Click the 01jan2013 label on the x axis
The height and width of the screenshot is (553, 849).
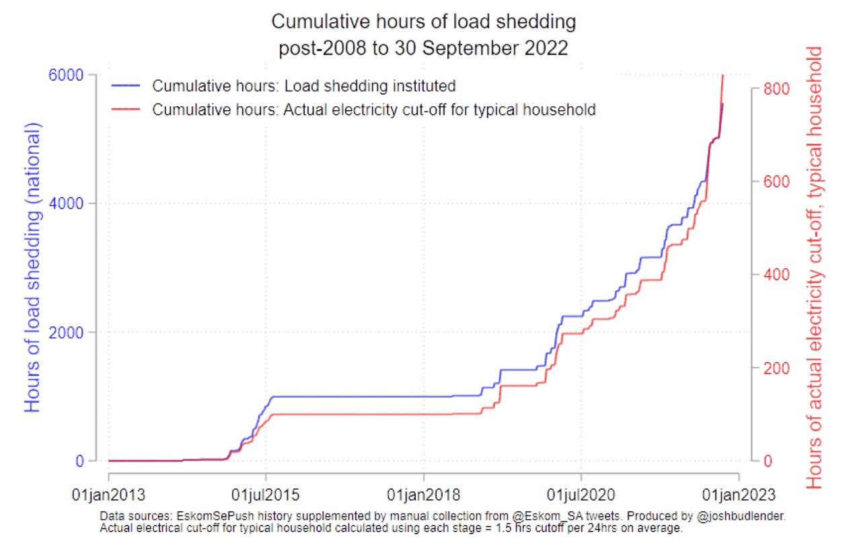109,496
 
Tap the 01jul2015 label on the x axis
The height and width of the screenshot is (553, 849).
266,496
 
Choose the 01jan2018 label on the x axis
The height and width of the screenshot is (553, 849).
424,496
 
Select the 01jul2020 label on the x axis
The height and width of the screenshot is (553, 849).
581,496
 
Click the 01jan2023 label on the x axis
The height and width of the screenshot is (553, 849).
739,496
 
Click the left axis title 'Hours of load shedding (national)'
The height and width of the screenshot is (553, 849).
34,267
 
